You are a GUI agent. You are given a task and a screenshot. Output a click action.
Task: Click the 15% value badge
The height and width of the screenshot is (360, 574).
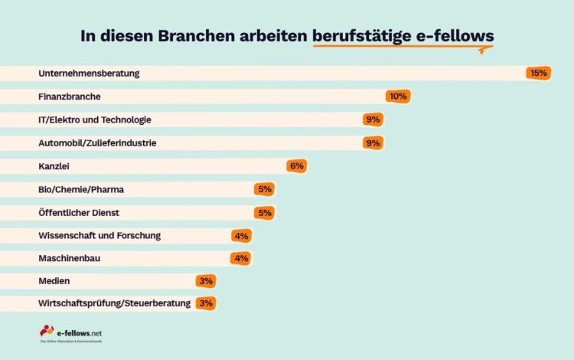538,74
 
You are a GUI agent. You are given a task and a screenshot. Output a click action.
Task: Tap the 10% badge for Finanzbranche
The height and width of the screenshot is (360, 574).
398,97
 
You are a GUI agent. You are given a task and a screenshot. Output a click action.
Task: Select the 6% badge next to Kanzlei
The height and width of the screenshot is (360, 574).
296,165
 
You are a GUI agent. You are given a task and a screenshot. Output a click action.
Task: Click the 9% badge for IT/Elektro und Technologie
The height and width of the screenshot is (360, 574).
373,119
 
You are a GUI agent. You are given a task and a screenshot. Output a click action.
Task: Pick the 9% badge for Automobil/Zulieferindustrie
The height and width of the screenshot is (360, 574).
373,142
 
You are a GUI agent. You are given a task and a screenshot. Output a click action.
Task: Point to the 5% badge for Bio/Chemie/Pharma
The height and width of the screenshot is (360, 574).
264,188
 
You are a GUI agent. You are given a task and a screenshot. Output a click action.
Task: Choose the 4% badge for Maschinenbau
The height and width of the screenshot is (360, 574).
241,258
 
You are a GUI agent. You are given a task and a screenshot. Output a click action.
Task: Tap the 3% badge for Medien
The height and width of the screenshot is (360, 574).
205,281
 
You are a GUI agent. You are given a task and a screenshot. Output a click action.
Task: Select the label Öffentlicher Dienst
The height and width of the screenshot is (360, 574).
79,212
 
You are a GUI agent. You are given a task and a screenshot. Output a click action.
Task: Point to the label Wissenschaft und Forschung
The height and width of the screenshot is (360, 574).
99,235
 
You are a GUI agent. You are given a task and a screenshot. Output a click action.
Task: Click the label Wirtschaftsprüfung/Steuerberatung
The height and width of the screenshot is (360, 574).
114,304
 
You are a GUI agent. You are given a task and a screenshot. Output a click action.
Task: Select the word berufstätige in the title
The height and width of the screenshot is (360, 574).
359,36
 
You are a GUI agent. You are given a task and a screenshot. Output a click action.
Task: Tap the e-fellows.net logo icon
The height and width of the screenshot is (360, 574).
47,331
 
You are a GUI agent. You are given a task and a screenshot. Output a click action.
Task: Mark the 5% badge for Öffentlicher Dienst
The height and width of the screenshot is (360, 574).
264,212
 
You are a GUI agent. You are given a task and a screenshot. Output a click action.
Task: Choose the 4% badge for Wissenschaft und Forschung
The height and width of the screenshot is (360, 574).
241,235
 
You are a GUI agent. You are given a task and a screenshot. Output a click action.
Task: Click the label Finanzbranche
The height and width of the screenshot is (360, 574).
70,97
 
